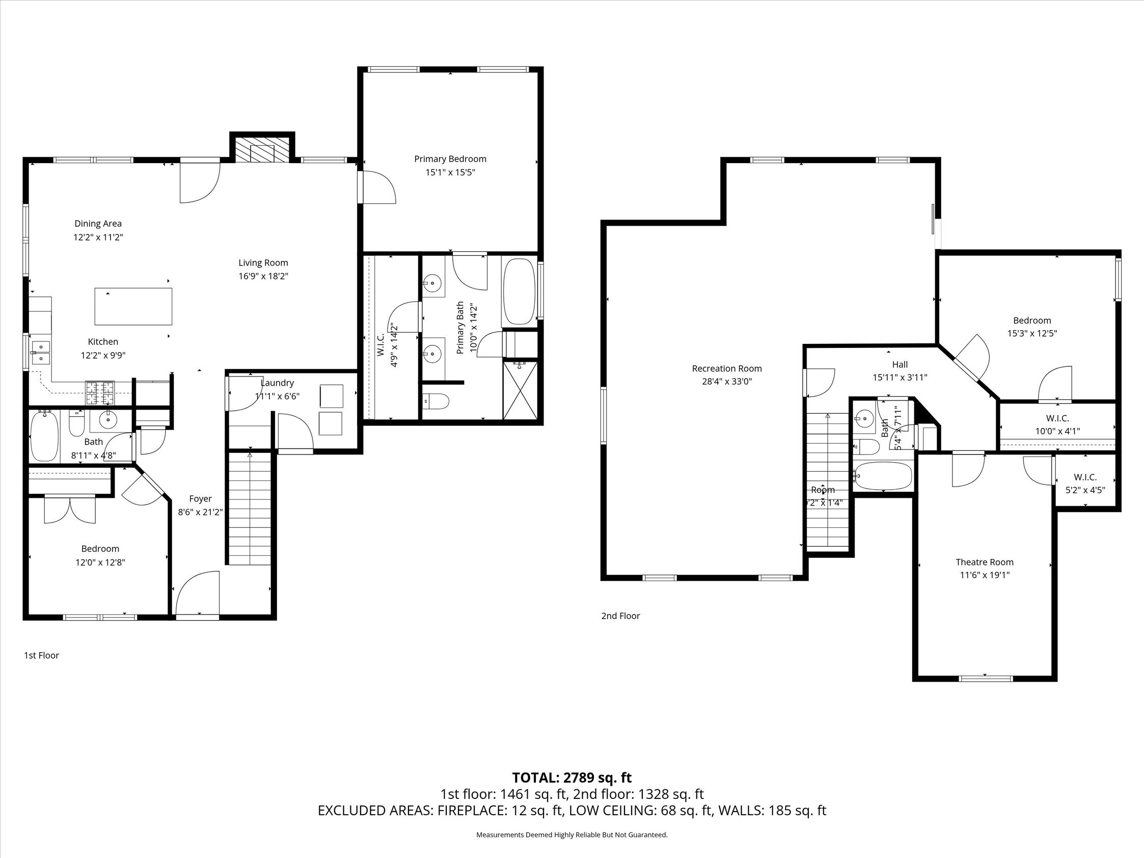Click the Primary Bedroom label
[x=450, y=159]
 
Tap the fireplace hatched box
[x=262, y=150]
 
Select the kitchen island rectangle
[x=133, y=306]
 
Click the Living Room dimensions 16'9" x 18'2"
[x=263, y=276]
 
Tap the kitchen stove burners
[x=100, y=392]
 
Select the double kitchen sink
[x=40, y=352]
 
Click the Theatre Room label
[x=984, y=561]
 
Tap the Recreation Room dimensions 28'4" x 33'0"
[x=727, y=382]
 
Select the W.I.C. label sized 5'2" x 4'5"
[x=1085, y=490]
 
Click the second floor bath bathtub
[x=883, y=475]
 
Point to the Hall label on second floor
[x=900, y=364]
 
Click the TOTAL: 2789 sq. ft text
[x=571, y=778]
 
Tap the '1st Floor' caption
[x=41, y=655]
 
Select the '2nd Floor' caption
[x=620, y=615]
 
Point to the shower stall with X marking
[x=520, y=390]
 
